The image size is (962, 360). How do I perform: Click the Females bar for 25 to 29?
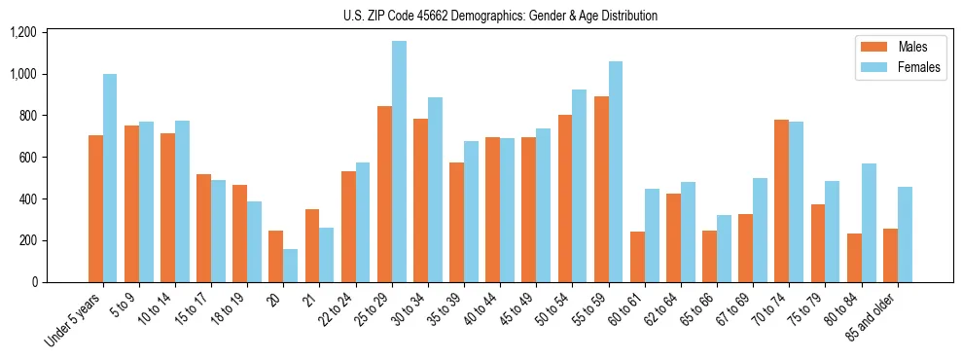tap(399, 162)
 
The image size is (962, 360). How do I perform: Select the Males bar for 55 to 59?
tap(601, 190)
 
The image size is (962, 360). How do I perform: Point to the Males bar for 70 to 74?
tap(782, 200)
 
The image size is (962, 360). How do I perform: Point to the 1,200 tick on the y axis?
tap(22, 33)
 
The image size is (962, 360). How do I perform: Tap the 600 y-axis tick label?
tap(27, 158)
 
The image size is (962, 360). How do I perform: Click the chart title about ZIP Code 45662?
tap(500, 16)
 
